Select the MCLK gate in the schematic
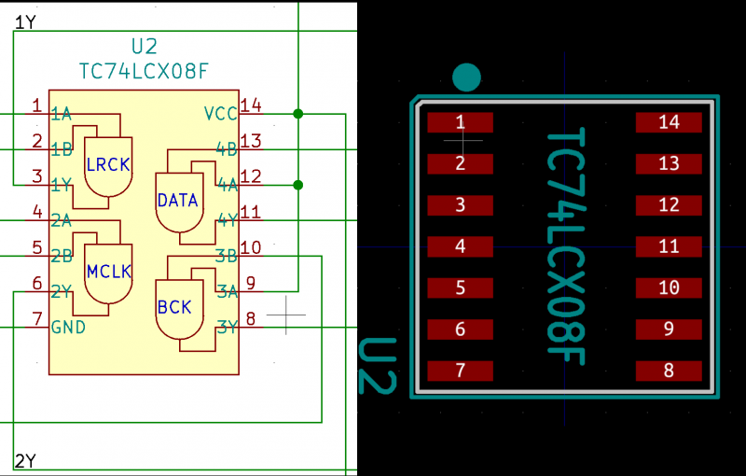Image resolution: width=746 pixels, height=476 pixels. pos(108,273)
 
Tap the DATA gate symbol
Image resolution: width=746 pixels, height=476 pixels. pos(177,201)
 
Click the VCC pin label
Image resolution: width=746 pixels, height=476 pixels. pos(221,114)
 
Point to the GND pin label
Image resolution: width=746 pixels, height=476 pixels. pos(69,327)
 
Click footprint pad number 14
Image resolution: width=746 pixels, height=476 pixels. pos(669,122)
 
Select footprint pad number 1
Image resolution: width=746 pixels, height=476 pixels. pos(460,122)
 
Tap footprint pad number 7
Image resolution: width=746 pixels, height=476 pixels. pos(460,371)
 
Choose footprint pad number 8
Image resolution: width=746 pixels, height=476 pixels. pos(669,371)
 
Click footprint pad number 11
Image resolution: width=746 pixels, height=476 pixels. pos(669,246)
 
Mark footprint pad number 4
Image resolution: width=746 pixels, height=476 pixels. pos(460,246)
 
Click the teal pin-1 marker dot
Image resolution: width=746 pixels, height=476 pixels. pos(465,77)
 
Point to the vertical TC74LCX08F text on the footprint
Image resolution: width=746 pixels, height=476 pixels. pos(565,246)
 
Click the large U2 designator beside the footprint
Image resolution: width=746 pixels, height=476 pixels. pos(379,366)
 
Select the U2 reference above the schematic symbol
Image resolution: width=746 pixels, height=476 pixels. pos(144,47)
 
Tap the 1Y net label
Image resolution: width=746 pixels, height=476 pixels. pos(25,22)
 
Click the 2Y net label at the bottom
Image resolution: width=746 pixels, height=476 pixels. pos(25,460)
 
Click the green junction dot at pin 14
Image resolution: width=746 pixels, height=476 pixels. pos(297,114)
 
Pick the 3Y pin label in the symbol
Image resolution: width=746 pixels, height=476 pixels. pos(227,327)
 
